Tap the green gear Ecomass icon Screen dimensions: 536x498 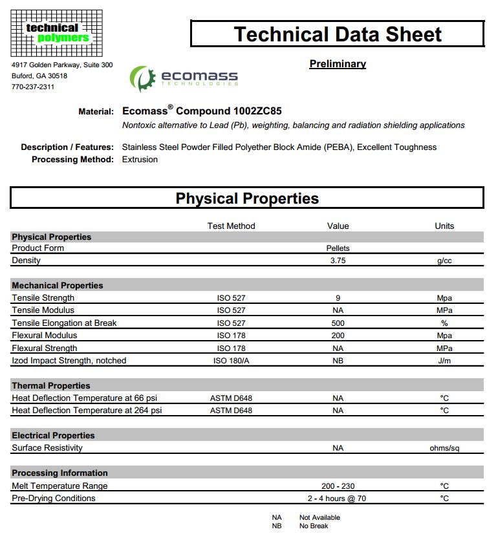pos(142,78)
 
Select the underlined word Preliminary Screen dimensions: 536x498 pos(338,64)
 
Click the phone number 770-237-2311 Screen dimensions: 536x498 pos(33,87)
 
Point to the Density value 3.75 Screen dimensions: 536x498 pos(338,261)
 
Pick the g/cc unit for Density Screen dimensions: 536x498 pos(444,261)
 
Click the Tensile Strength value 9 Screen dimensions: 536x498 pos(338,298)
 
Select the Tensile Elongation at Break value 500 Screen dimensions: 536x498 pos(338,323)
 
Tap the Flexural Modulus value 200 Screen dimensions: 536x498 pos(338,336)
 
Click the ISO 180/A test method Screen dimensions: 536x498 pos(231,361)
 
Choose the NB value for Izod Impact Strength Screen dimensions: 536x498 pos(338,361)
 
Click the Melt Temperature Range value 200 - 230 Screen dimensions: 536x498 pos(338,486)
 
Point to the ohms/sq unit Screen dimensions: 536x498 pos(444,448)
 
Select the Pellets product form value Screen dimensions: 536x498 pos(338,248)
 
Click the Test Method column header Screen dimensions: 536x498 pos(231,226)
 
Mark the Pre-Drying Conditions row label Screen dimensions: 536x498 pos(54,498)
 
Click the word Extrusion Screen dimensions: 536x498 pos(140,160)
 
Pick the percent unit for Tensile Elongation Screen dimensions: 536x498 pos(444,323)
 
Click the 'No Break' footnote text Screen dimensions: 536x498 pos(314,526)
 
